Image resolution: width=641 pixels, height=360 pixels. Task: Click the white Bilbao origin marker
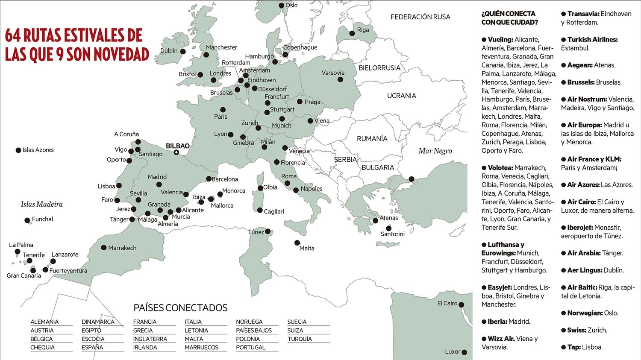click(x=176, y=152)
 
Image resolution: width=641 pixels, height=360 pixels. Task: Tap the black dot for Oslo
click(x=282, y=6)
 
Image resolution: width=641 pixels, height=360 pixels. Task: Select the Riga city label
click(x=363, y=30)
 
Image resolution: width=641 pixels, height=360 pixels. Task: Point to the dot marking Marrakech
click(x=104, y=248)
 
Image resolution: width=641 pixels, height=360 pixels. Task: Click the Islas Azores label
click(x=38, y=150)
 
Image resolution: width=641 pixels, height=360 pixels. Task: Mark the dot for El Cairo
click(x=461, y=305)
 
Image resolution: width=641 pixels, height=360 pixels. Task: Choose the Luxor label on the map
click(x=452, y=351)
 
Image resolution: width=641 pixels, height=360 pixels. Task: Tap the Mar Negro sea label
click(x=435, y=151)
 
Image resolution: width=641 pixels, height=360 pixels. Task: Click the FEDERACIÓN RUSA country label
click(x=420, y=17)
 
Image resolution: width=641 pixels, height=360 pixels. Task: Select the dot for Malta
click(x=297, y=243)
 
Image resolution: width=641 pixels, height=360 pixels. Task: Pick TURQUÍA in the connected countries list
click(x=300, y=339)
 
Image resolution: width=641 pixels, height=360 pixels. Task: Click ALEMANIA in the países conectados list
click(x=44, y=322)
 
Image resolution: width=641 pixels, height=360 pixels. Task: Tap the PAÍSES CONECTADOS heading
click(x=180, y=308)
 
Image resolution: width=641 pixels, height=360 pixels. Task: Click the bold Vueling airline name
click(x=500, y=39)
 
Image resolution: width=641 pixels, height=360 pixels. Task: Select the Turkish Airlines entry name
click(x=592, y=39)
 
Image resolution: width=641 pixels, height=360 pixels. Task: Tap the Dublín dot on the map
click(x=183, y=52)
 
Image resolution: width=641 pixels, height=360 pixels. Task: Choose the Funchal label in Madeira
click(x=42, y=219)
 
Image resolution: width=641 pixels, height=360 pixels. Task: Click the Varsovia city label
click(x=333, y=73)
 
